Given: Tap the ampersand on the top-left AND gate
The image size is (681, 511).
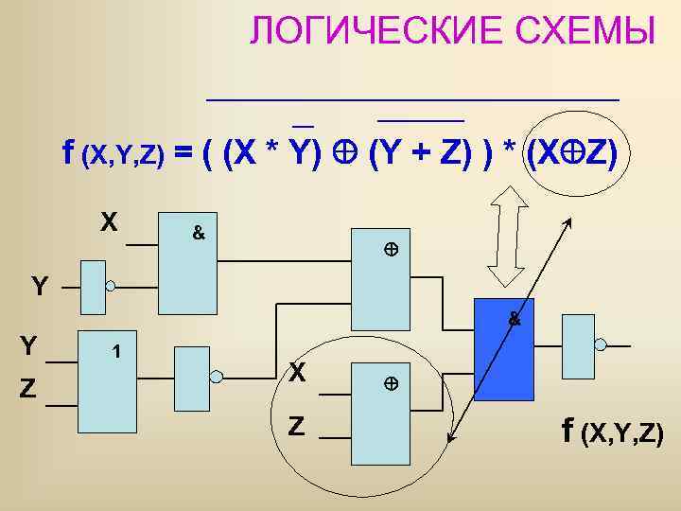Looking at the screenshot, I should (199, 232).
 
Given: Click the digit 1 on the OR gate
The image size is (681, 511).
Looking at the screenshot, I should (115, 352).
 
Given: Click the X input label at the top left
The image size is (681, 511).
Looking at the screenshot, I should (111, 222).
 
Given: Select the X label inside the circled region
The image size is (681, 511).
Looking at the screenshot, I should (297, 374).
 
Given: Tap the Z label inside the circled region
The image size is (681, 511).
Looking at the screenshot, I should (297, 428).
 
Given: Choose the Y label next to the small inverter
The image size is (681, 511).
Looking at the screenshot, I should (39, 285).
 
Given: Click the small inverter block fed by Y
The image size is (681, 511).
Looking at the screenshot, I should (93, 287).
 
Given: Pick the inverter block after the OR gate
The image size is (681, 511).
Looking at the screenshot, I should (191, 379).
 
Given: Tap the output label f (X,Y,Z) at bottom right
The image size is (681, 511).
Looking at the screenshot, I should (613, 432).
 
